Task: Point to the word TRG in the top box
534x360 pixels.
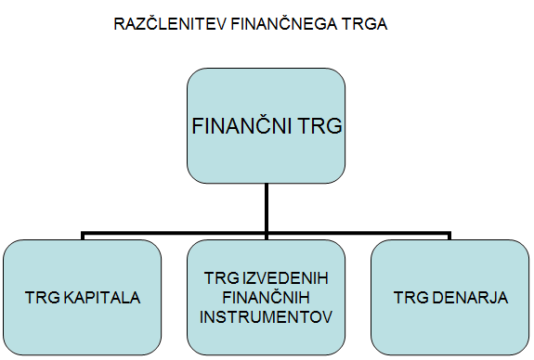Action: point(315,126)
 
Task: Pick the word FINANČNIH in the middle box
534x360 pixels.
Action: point(266,298)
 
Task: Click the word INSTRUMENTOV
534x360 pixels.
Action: point(267,315)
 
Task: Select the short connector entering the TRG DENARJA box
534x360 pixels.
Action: point(453,235)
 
